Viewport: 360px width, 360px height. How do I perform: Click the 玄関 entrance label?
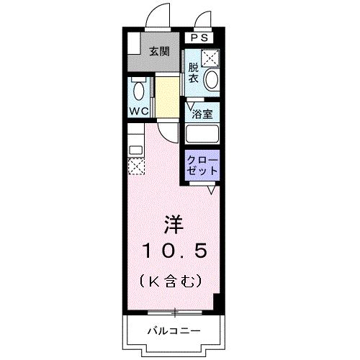point(159,51)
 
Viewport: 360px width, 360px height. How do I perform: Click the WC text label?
point(139,112)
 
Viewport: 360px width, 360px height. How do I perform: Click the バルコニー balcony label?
point(174,331)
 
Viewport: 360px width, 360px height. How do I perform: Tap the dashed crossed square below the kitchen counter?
point(135,166)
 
